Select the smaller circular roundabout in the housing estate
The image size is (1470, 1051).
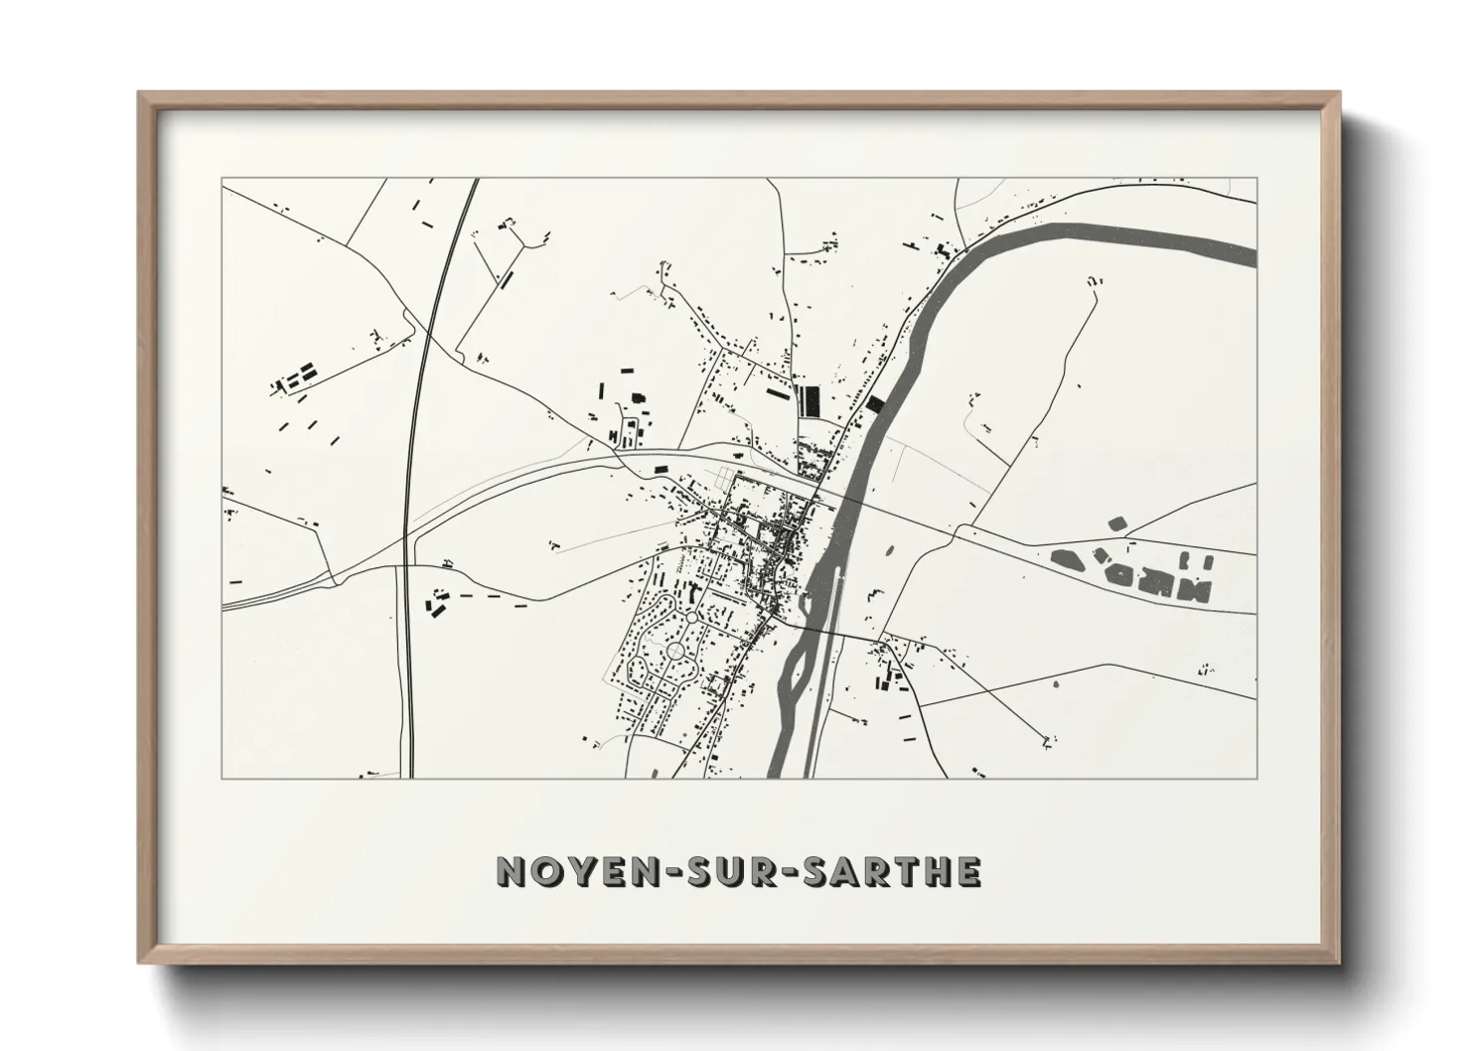tap(691, 618)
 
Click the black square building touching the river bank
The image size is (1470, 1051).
tap(874, 404)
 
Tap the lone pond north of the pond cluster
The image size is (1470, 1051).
tap(1115, 523)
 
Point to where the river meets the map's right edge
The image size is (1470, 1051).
tap(1253, 257)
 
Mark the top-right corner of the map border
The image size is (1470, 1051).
tap(1256, 179)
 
